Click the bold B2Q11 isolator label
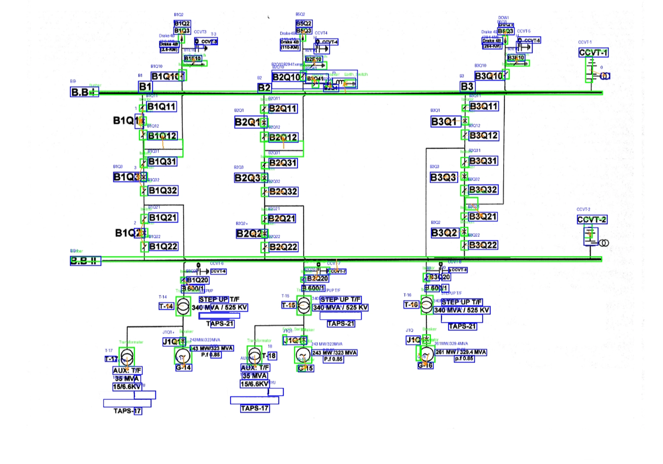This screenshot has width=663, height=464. pyautogui.click(x=283, y=109)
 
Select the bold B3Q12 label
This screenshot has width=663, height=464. pyautogui.click(x=483, y=136)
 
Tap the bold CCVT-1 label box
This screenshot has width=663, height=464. pyautogui.click(x=593, y=52)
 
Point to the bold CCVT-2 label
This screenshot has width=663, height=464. pyautogui.click(x=592, y=220)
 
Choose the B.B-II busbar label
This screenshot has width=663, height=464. pyautogui.click(x=85, y=261)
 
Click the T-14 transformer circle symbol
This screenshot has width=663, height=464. pyautogui.click(x=183, y=306)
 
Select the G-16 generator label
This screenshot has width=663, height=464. pyautogui.click(x=425, y=365)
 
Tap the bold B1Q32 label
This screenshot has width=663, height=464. pyautogui.click(x=163, y=190)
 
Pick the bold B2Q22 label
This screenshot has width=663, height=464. pyautogui.click(x=283, y=247)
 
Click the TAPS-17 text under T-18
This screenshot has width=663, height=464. pyautogui.click(x=255, y=408)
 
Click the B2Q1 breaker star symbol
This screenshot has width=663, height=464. pyautogui.click(x=264, y=122)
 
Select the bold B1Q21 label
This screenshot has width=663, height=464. pyautogui.click(x=163, y=218)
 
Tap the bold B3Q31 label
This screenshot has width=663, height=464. pyautogui.click(x=483, y=161)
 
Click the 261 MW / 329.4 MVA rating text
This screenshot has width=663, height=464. pyautogui.click(x=461, y=352)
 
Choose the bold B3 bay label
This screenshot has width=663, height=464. pyautogui.click(x=467, y=87)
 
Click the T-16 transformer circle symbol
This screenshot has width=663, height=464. pyautogui.click(x=426, y=305)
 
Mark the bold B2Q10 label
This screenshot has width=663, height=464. pyautogui.click(x=286, y=77)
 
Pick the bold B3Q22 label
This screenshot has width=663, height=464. pyautogui.click(x=483, y=245)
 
